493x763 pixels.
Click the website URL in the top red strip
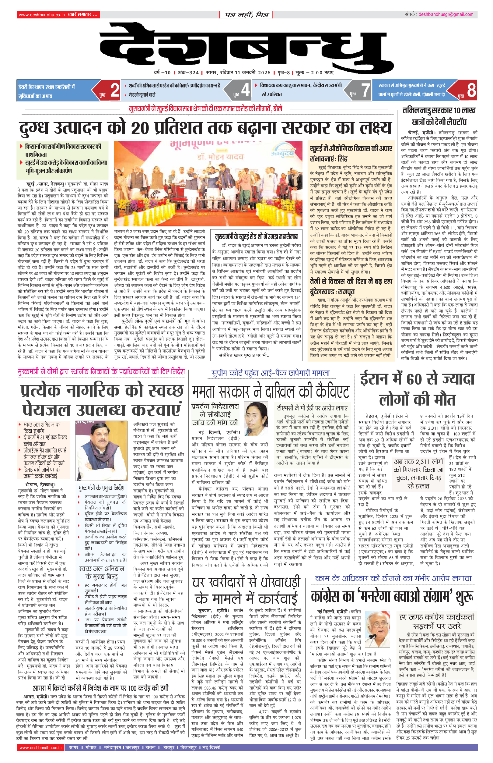tap(42, 15)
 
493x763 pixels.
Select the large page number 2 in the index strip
tap(115, 90)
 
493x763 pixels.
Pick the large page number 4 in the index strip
tap(245, 90)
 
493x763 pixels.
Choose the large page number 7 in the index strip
tap(365, 90)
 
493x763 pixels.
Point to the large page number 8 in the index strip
tap(471, 90)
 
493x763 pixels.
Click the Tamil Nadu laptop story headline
tap(439, 116)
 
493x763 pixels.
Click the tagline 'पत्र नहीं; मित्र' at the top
tap(246, 15)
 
